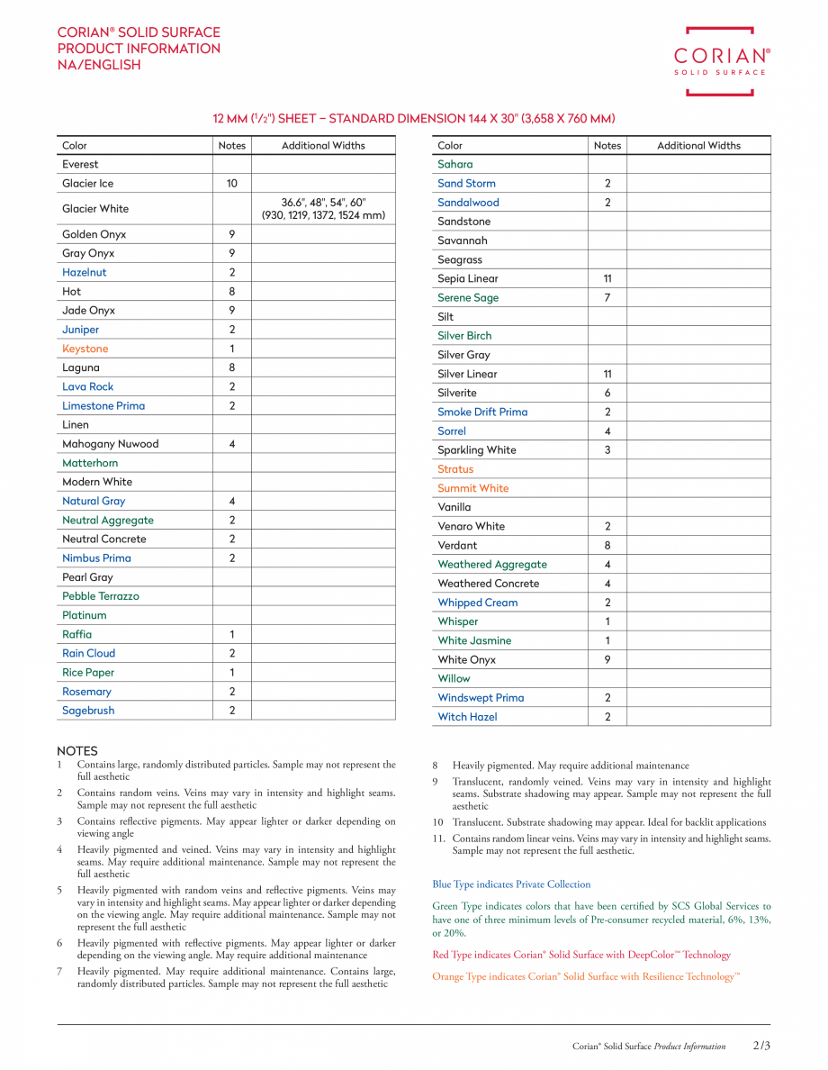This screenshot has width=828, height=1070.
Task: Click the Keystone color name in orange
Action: click(x=85, y=349)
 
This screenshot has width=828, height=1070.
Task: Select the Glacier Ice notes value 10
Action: click(x=231, y=184)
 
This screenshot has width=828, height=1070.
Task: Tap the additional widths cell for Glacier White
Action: click(x=323, y=209)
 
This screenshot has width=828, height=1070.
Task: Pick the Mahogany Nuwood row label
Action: click(x=110, y=444)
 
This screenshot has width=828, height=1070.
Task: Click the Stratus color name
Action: click(x=454, y=469)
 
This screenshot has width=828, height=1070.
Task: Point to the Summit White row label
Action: click(x=472, y=488)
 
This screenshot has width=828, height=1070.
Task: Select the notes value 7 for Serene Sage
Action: click(x=607, y=298)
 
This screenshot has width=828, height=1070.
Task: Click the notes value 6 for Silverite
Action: click(x=607, y=394)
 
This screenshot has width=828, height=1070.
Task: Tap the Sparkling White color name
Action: click(x=476, y=450)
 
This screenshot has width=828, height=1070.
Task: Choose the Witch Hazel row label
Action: click(x=467, y=717)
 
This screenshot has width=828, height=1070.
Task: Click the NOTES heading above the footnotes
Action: click(x=77, y=751)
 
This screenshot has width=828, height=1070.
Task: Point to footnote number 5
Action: click(x=59, y=891)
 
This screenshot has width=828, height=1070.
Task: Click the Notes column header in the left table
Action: click(x=231, y=146)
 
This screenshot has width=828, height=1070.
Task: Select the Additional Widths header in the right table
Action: click(x=698, y=146)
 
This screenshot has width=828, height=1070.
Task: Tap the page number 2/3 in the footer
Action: click(x=761, y=1046)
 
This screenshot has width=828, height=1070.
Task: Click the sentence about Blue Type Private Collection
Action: click(x=511, y=884)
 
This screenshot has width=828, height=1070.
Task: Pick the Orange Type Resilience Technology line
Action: click(x=586, y=976)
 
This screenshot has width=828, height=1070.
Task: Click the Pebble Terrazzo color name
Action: click(x=100, y=596)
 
